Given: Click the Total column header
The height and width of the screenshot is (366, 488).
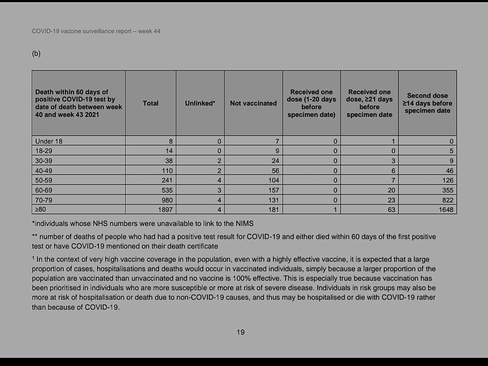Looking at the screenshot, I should tap(150, 103).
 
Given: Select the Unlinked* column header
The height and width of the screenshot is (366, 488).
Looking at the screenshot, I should tap(200, 103).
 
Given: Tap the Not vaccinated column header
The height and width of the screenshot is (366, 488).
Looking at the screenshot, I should tap(253, 103).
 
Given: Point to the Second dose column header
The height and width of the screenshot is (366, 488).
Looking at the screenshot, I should tap(427, 103).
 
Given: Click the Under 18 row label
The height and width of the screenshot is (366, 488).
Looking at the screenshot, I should tap(49, 141).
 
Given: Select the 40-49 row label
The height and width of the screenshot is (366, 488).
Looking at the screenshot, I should tap(43, 171).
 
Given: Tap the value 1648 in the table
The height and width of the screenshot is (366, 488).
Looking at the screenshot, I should tap(446, 209).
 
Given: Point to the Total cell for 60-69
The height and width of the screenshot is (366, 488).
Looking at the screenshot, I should tap(167, 190).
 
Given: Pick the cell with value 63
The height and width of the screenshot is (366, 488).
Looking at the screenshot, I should tap(391, 209).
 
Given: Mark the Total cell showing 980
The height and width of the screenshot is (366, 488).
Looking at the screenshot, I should tap(167, 200).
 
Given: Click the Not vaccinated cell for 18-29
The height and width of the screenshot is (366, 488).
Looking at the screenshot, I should tap(277, 151).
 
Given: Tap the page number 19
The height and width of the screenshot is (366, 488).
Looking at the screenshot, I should tap(240, 332).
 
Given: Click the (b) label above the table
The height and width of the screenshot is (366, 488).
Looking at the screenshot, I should tap(36, 53).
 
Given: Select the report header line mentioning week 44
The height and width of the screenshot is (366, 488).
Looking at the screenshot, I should tap(96, 31).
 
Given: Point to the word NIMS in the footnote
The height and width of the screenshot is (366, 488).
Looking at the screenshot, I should tap(244, 223).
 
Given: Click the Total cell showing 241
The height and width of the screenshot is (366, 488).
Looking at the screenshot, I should tap(167, 181).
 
